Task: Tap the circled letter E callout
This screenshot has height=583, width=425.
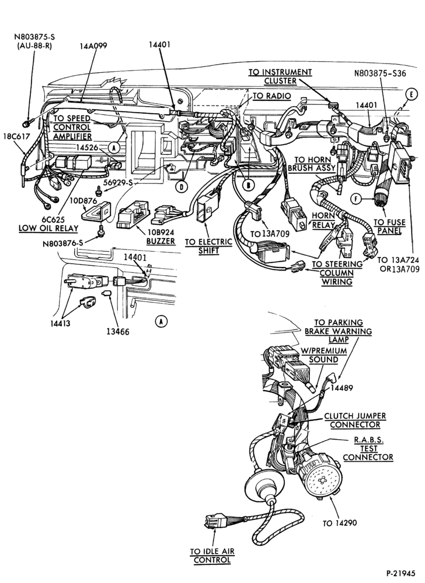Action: (411, 95)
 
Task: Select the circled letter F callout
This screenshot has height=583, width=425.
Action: (356, 199)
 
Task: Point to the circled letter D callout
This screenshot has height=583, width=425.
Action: (182, 187)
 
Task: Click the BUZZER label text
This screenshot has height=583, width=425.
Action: (161, 241)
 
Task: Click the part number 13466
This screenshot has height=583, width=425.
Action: (118, 332)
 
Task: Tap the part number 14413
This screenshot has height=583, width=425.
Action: (60, 323)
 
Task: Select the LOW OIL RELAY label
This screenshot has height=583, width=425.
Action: (48, 229)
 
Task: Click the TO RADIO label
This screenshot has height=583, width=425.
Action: (271, 96)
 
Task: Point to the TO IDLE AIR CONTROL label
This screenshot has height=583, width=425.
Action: (212, 556)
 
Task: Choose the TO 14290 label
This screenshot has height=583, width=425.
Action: (339, 523)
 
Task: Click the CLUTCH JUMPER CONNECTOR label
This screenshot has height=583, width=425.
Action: (350, 420)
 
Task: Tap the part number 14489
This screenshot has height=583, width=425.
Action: (341, 388)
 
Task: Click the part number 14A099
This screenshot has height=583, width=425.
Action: (93, 45)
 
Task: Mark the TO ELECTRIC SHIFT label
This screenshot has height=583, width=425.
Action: (208, 246)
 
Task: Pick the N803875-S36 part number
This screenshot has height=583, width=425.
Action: (379, 73)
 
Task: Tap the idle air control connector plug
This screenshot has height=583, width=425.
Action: (215, 521)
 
